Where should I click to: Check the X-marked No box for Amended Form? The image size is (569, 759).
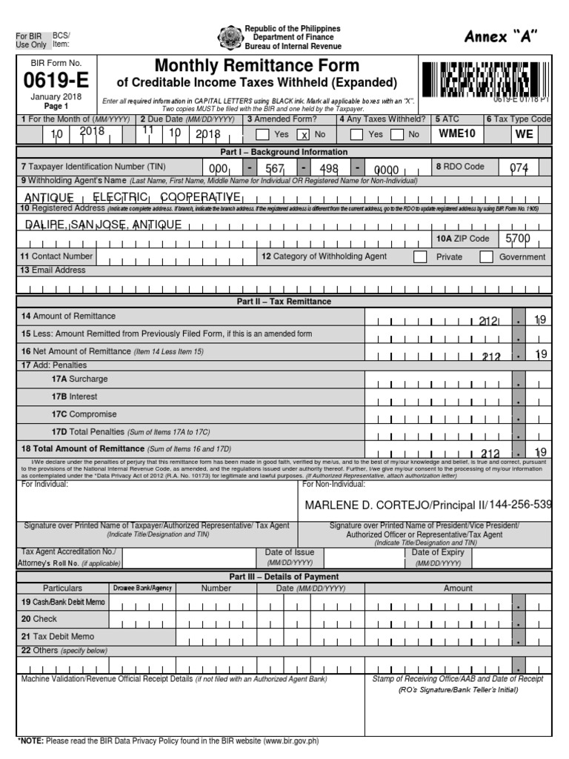[303, 135]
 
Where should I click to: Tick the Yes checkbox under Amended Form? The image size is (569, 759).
[262, 135]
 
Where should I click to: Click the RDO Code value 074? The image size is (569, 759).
[519, 168]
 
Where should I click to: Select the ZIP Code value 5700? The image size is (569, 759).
[517, 239]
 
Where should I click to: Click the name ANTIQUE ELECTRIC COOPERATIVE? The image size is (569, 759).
[133, 197]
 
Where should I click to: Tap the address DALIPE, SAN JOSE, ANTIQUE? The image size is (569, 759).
[103, 225]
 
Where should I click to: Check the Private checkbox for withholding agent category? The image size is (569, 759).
[420, 256]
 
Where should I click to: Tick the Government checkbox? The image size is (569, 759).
[487, 256]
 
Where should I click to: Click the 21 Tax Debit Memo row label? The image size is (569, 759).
[57, 636]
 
